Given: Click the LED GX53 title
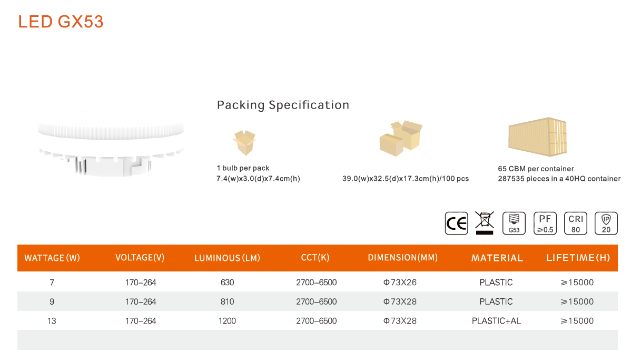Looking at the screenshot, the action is click(61, 22).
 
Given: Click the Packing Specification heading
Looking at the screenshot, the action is click(283, 105).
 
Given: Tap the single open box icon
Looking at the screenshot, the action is click(244, 142).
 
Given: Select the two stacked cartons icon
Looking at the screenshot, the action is click(401, 138).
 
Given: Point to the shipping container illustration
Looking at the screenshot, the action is click(538, 137).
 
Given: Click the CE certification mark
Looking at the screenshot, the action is click(456, 223).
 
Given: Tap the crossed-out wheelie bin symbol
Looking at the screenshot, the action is click(485, 222).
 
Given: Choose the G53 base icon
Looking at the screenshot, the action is click(514, 223).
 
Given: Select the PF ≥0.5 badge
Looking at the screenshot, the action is click(545, 223).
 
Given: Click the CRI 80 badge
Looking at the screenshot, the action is click(576, 223).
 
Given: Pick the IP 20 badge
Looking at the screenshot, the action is click(606, 223).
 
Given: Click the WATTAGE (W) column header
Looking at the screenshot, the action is click(52, 258).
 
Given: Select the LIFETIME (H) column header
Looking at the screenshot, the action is click(578, 258).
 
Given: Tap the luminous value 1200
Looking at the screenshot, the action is click(227, 321).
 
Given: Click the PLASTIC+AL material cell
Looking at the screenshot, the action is click(496, 321).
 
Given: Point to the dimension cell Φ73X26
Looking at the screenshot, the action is click(400, 283).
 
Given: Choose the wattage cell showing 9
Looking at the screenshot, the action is click(52, 301).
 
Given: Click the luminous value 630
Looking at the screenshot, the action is click(227, 283).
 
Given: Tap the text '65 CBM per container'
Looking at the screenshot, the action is click(536, 169).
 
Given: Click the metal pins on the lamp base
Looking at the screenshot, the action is click(81, 166).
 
